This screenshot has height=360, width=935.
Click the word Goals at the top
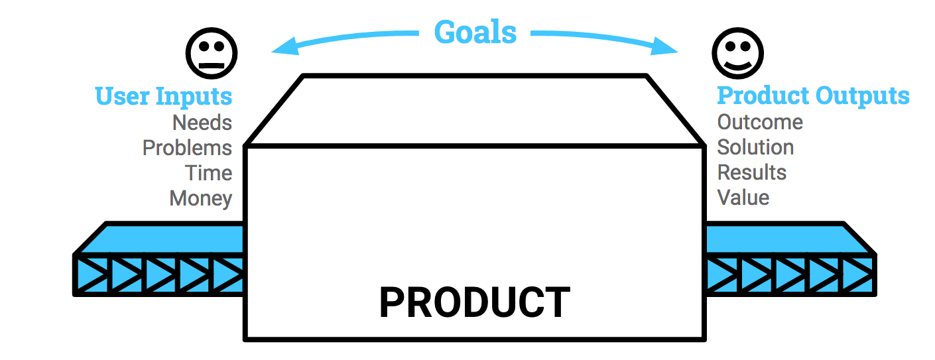(475, 31)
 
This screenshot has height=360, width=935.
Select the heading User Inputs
(164, 96)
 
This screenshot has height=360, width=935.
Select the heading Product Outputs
(813, 96)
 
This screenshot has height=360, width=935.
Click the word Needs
(202, 123)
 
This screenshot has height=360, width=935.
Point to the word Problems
(187, 148)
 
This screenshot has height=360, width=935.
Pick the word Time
(209, 173)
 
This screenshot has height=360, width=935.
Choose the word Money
(201, 198)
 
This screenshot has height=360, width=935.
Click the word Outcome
(760, 123)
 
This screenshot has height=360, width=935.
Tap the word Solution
(755, 147)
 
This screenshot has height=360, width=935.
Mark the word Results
(752, 172)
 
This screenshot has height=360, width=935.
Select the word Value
(743, 198)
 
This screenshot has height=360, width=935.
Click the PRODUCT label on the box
(474, 303)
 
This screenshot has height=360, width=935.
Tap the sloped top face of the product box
(475, 110)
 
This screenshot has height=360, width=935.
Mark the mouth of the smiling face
(737, 64)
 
